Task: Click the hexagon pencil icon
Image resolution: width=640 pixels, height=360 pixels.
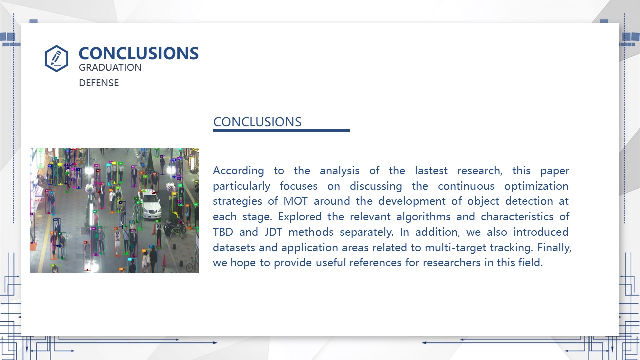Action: point(56,58)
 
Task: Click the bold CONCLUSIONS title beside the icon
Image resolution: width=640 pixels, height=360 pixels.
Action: point(139,53)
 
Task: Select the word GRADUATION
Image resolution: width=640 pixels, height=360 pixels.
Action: point(110,67)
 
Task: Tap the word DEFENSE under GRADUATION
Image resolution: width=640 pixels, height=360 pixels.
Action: point(99,83)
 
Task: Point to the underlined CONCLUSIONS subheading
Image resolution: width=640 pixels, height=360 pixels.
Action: point(257,122)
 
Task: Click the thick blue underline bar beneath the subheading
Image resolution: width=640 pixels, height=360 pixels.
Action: point(281,131)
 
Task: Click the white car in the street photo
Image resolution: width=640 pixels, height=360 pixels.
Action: point(150,205)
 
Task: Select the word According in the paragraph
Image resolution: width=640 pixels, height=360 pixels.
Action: point(239,171)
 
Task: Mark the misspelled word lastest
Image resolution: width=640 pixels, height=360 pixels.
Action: point(431,171)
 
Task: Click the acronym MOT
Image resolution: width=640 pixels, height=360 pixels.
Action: point(295,201)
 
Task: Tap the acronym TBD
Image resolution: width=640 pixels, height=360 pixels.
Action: point(223,232)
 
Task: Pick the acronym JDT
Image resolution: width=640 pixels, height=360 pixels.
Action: point(273,232)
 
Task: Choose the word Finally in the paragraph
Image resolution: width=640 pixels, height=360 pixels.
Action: point(554,248)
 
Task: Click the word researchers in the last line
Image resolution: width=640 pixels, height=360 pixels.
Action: point(452,263)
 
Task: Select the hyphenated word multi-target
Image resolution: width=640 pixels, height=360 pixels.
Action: point(455,248)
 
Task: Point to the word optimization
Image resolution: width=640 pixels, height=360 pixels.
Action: point(537,186)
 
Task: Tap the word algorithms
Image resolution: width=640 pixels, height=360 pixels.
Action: point(423,217)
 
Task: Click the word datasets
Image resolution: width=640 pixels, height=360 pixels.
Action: point(234,247)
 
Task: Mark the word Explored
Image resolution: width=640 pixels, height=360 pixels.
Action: point(300,217)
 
